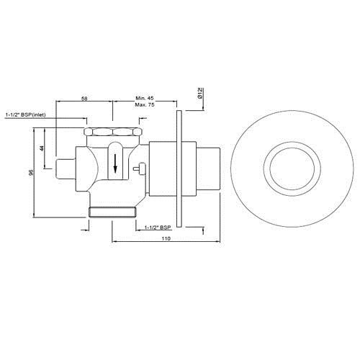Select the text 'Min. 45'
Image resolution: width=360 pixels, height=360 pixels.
click(145, 99)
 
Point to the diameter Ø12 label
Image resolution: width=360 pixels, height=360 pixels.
click(199, 93)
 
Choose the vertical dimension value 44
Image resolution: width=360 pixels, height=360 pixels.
click(42, 147)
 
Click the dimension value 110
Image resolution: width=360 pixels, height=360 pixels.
click(166, 237)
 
